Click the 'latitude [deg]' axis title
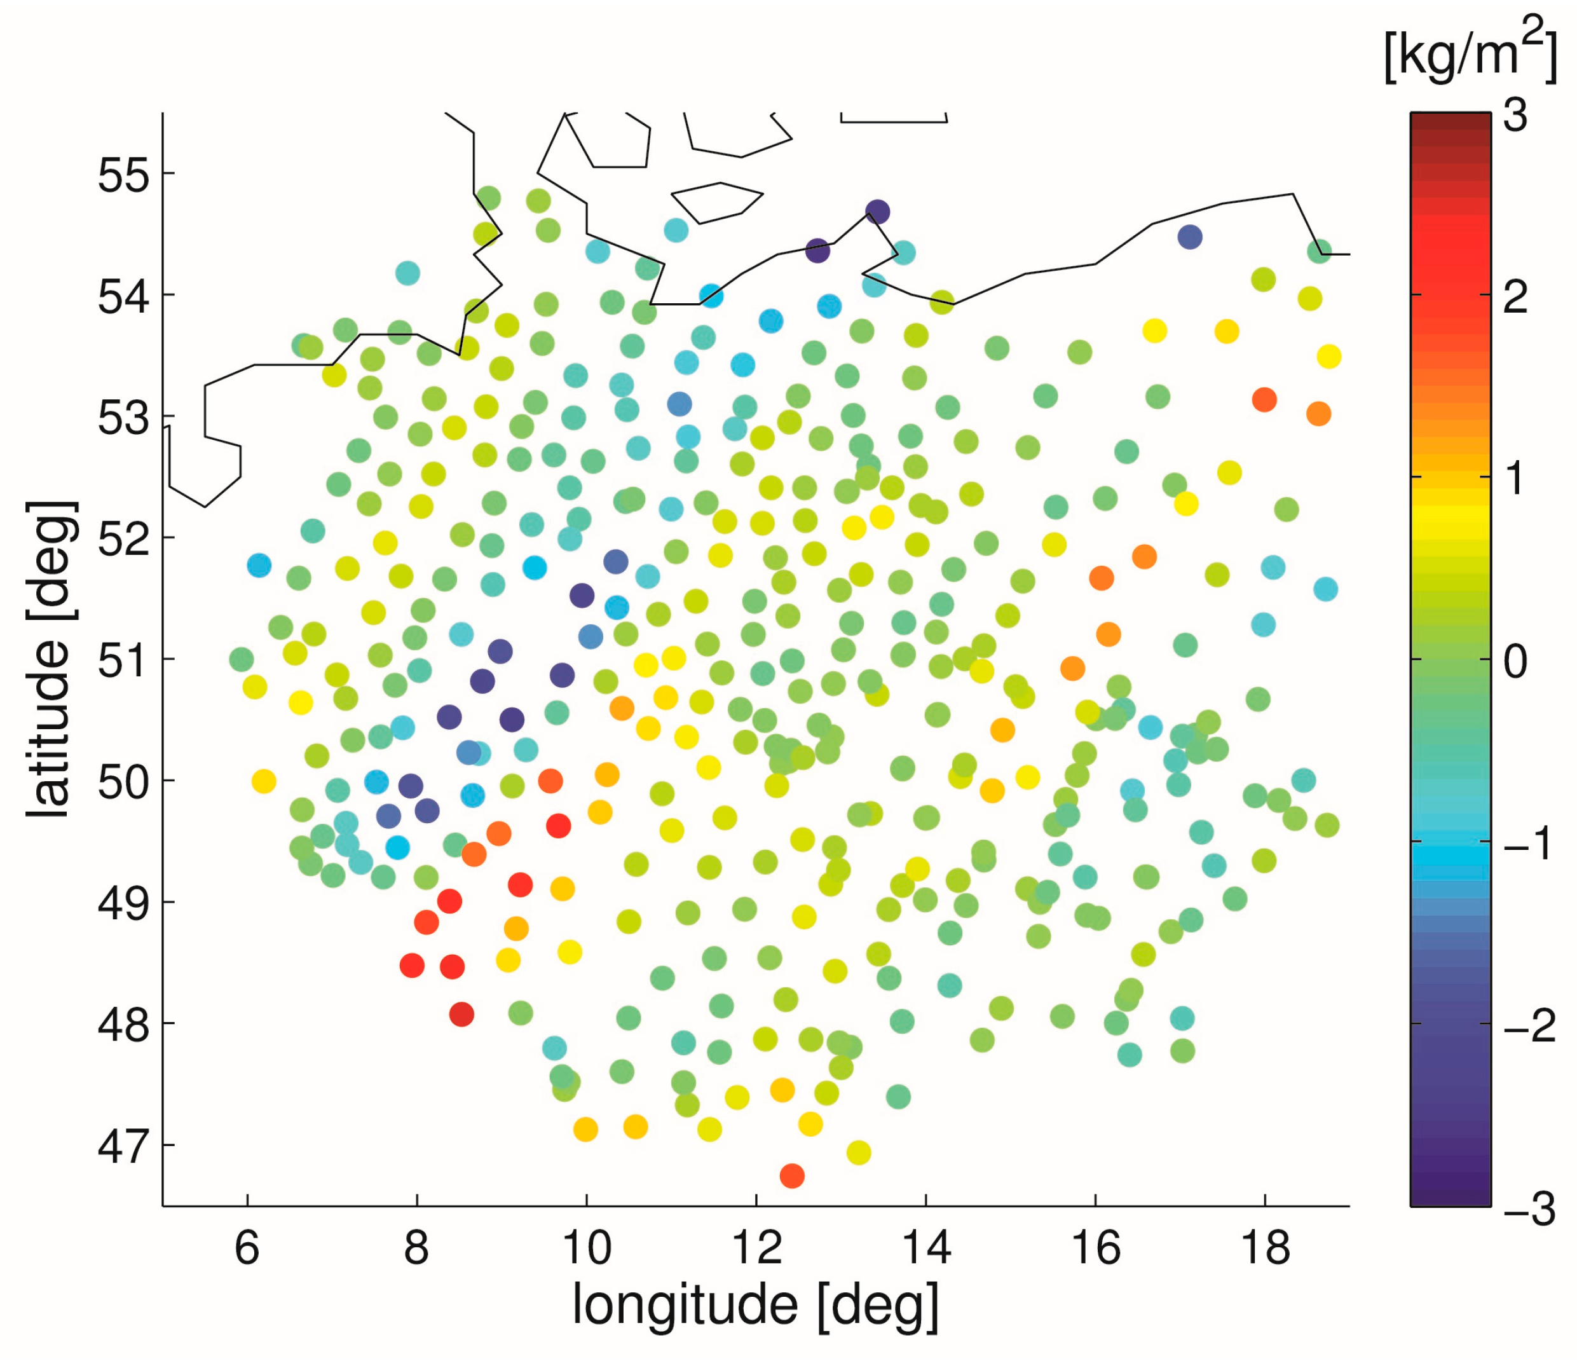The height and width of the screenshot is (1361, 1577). tap(51, 659)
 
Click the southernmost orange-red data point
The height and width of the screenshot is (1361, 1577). tap(791, 1176)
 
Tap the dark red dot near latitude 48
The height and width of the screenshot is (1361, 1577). tap(461, 1014)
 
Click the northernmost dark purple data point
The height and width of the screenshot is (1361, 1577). tap(878, 212)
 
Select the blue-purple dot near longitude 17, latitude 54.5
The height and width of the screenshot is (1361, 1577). tap(1190, 236)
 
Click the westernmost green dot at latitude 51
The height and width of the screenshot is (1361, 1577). tap(242, 659)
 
